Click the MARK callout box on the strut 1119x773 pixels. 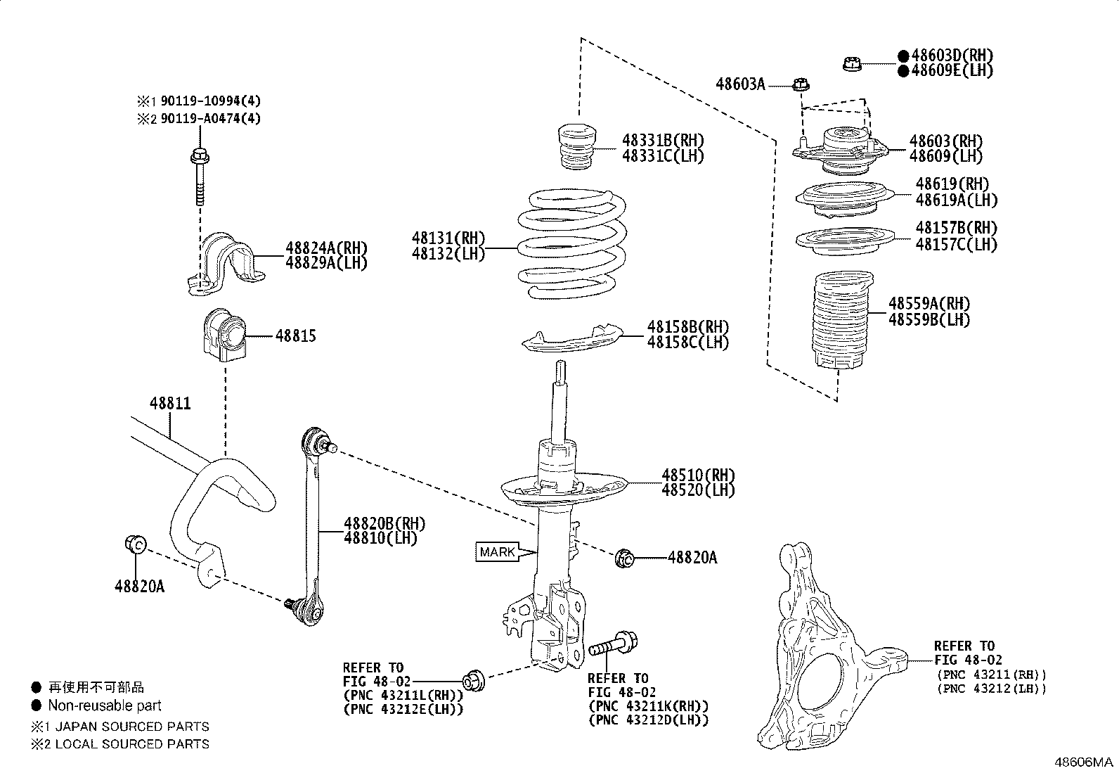click(x=497, y=552)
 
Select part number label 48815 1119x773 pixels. click(x=295, y=336)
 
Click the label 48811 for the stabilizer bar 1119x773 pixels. click(x=170, y=404)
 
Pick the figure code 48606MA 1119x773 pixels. click(x=1083, y=762)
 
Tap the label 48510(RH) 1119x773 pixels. click(x=697, y=475)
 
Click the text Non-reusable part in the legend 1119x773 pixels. click(x=104, y=705)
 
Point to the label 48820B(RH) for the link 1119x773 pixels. click(x=384, y=523)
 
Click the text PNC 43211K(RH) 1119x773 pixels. click(x=648, y=705)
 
